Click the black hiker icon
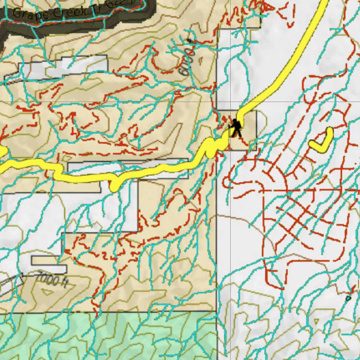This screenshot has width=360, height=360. tap(236, 128)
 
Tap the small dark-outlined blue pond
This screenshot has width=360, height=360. tap(348, 298)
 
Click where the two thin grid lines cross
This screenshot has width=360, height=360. tap(230, 102)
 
